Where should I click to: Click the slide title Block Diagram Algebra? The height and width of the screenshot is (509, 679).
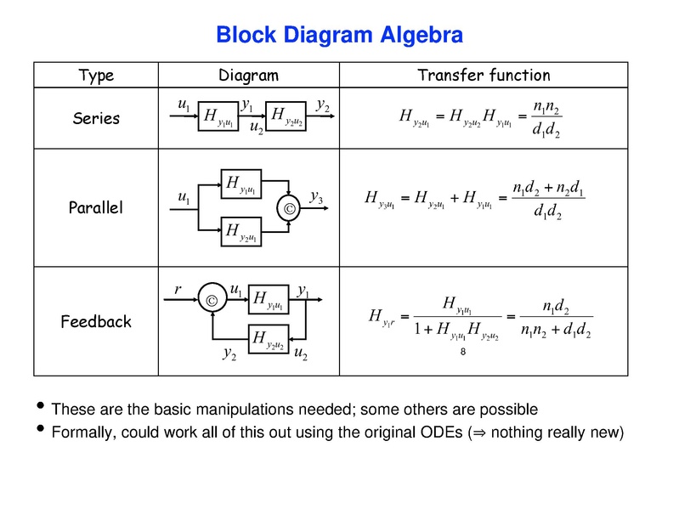pyautogui.click(x=339, y=36)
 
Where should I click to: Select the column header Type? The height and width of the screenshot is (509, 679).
pyautogui.click(x=96, y=76)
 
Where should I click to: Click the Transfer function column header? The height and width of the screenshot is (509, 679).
pyautogui.click(x=484, y=76)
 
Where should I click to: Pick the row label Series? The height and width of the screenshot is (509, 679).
pyautogui.click(x=96, y=119)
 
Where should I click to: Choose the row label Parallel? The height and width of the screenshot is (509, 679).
pyautogui.click(x=96, y=207)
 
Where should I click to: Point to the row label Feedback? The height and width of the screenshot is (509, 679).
pyautogui.click(x=96, y=321)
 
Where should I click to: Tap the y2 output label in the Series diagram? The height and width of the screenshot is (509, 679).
pyautogui.click(x=323, y=105)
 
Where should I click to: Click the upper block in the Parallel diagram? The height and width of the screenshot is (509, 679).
pyautogui.click(x=243, y=182)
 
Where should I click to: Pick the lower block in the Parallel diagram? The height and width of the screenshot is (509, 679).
pyautogui.click(x=243, y=229)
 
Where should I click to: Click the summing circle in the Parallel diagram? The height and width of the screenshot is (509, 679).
pyautogui.click(x=290, y=206)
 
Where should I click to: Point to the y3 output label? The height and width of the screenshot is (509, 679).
pyautogui.click(x=316, y=198)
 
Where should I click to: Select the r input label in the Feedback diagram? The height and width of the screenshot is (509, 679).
pyautogui.click(x=178, y=290)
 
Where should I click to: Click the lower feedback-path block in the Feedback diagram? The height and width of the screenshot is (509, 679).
pyautogui.click(x=269, y=339)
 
